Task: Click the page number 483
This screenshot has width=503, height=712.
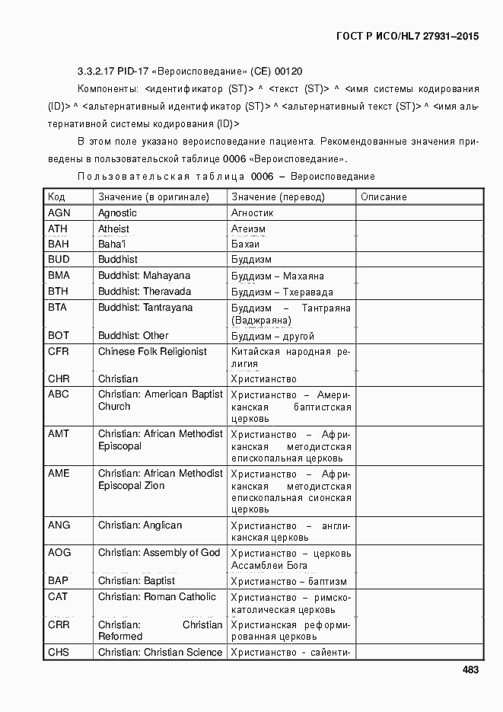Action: point(470,670)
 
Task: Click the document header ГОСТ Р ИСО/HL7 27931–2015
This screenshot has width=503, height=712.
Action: point(408,36)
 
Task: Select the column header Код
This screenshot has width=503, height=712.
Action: point(56,197)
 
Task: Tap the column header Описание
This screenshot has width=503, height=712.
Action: point(384,197)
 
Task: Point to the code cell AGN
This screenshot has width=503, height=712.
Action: point(59,213)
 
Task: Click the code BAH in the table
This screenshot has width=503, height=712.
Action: point(58,244)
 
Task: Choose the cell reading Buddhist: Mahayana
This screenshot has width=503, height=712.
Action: point(144,276)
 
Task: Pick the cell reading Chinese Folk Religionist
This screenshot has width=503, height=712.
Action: point(152,352)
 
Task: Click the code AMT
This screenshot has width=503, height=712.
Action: point(59,434)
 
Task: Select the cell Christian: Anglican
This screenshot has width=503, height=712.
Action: point(140,525)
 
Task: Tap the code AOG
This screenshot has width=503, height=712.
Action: point(59,553)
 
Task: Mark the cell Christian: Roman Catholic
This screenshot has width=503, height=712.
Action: point(157,597)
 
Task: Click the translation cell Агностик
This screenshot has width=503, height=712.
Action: point(252,213)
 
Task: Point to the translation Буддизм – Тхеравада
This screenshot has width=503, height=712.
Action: point(282,292)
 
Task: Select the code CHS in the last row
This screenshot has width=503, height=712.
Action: point(59,653)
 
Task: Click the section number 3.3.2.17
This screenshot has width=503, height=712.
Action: point(97,72)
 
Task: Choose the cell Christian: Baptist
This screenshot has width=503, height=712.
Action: point(136,581)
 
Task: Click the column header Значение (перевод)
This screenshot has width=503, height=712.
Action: point(278,197)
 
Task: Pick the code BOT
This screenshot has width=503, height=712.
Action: point(59,336)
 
